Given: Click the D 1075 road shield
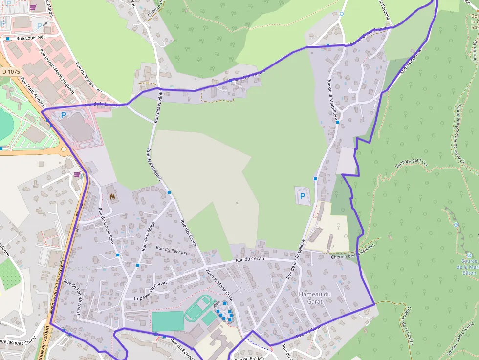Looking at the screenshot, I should [10, 71].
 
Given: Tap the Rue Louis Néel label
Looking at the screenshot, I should [31, 38].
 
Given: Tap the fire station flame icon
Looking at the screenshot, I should [112, 197].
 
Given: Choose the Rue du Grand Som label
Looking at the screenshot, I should [106, 226].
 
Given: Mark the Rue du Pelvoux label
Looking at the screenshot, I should [172, 251].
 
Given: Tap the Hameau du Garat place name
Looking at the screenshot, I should [315, 297].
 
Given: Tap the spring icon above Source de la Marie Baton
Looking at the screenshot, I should [456, 225].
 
